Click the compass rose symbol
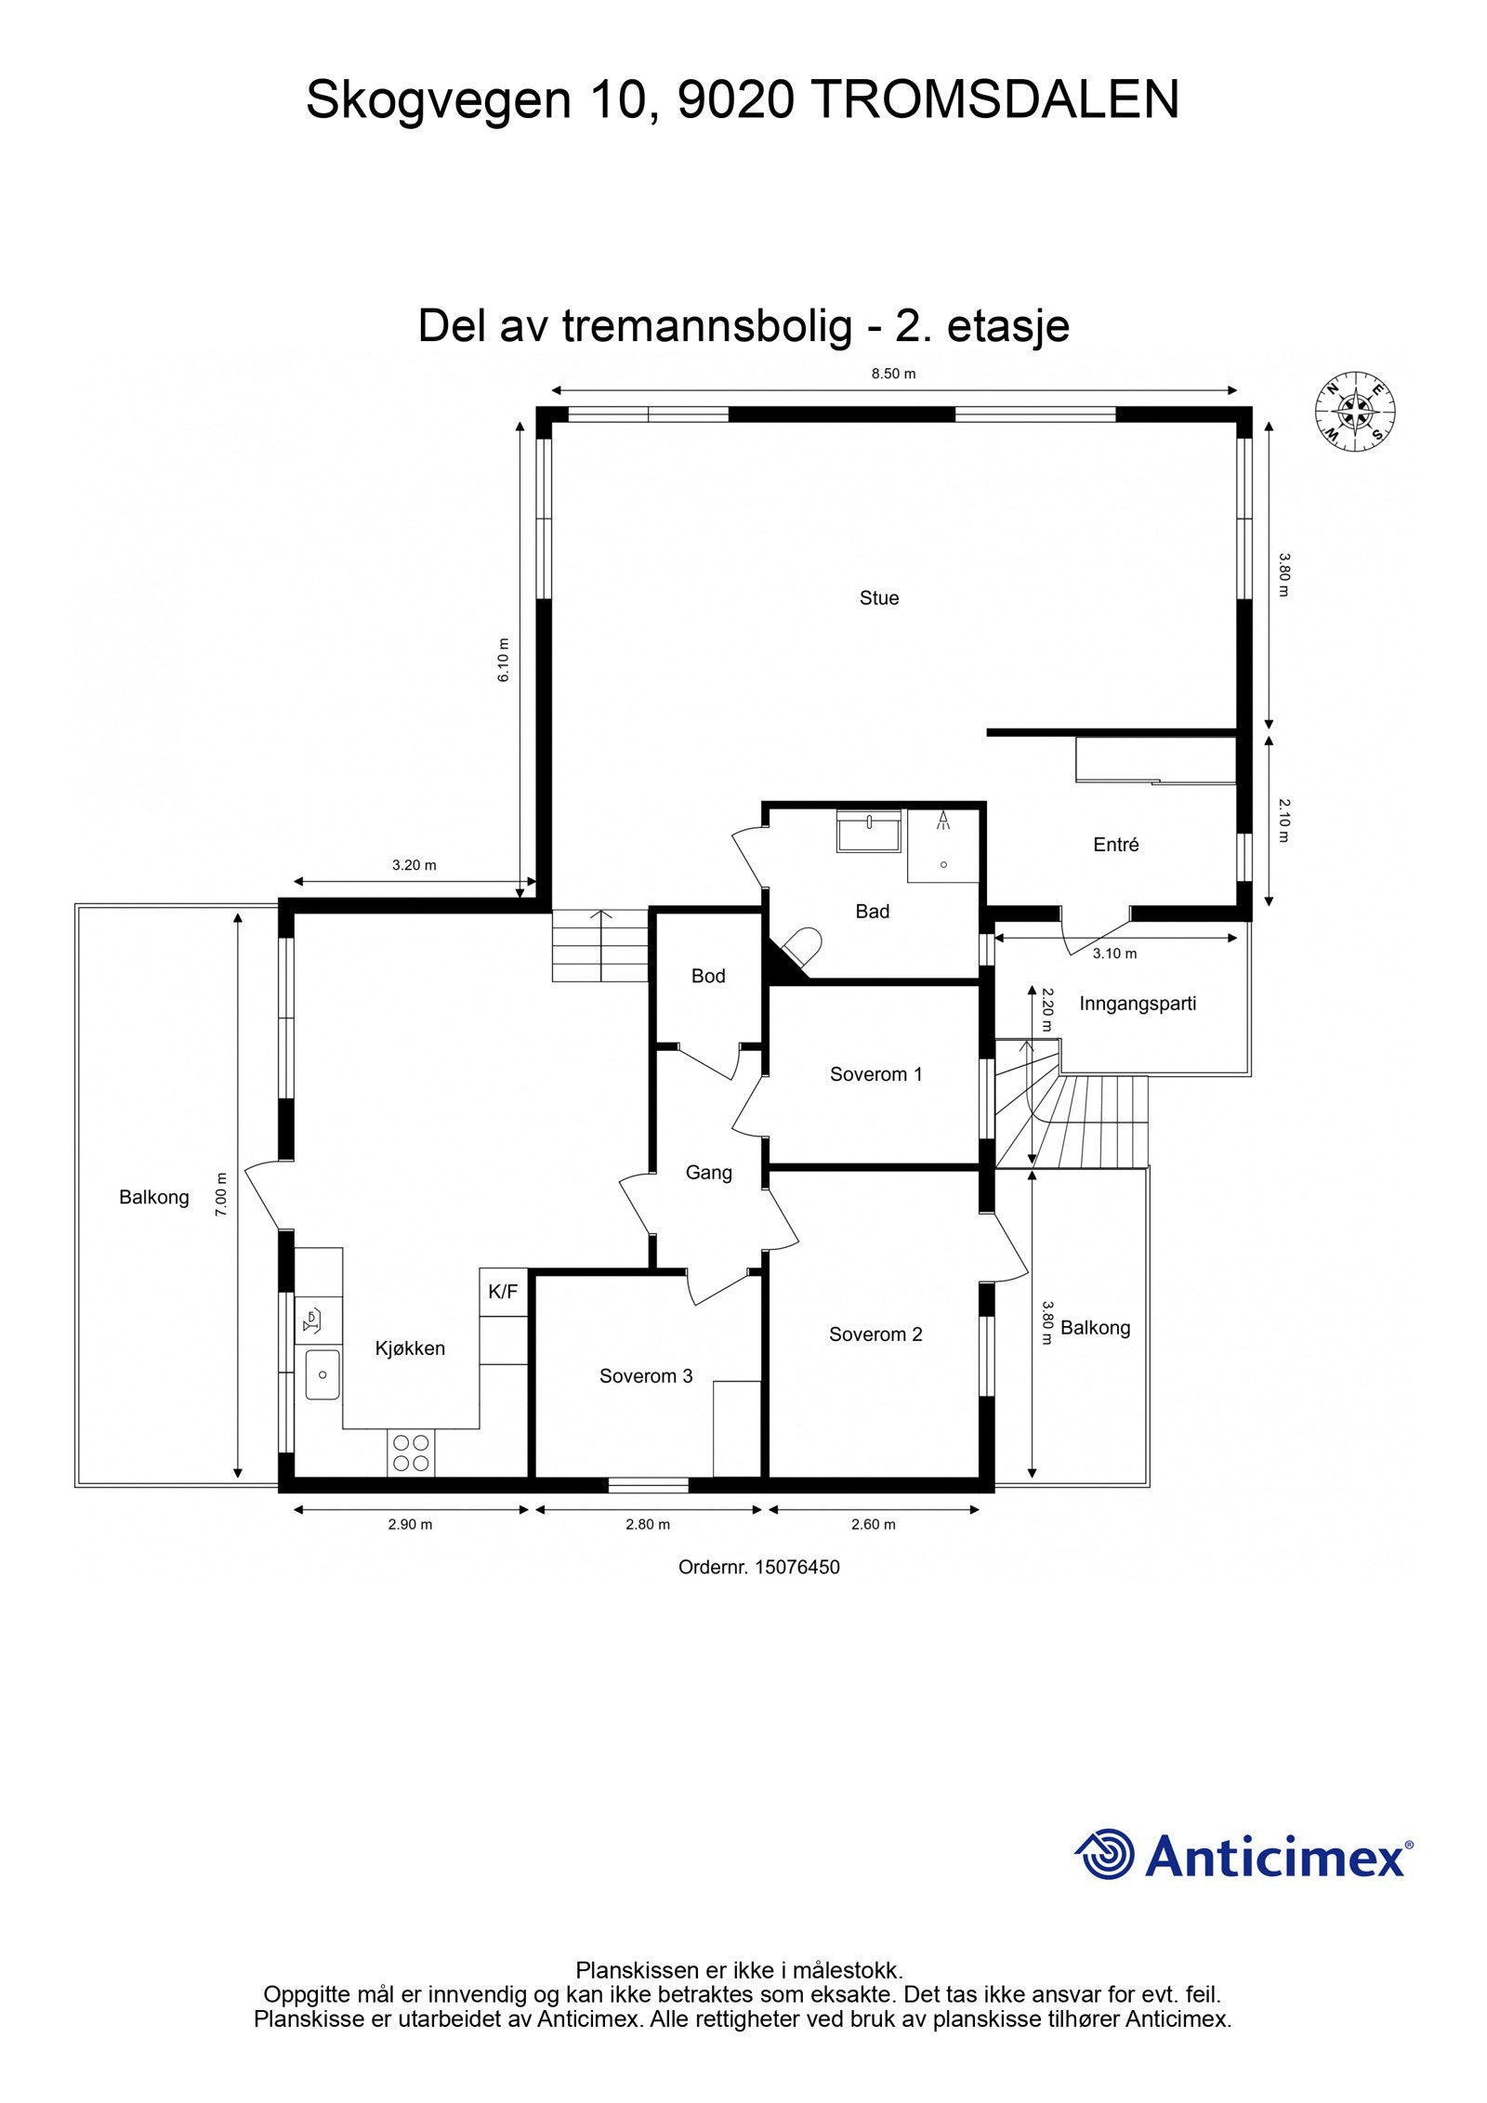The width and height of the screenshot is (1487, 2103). [x=1355, y=412]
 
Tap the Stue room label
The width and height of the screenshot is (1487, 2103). [x=878, y=598]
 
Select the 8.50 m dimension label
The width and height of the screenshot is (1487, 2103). [x=892, y=375]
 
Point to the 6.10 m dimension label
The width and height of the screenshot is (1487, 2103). [x=504, y=660]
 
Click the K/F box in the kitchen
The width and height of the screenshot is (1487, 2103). [x=503, y=1292]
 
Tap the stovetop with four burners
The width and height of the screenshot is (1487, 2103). [x=411, y=1452]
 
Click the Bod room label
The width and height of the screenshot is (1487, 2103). [x=708, y=976]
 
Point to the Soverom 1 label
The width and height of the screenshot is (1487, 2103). [x=875, y=1074]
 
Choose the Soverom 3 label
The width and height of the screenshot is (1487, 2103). [x=646, y=1376]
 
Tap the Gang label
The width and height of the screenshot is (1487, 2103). [x=708, y=1173]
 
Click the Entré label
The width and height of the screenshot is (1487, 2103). [x=1115, y=845]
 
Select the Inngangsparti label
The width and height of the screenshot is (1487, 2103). [x=1138, y=1004]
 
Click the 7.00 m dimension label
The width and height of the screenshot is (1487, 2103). [x=221, y=1194]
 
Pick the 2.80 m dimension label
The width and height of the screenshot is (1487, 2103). [x=647, y=1524]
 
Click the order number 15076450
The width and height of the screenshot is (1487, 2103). [x=796, y=1568]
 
